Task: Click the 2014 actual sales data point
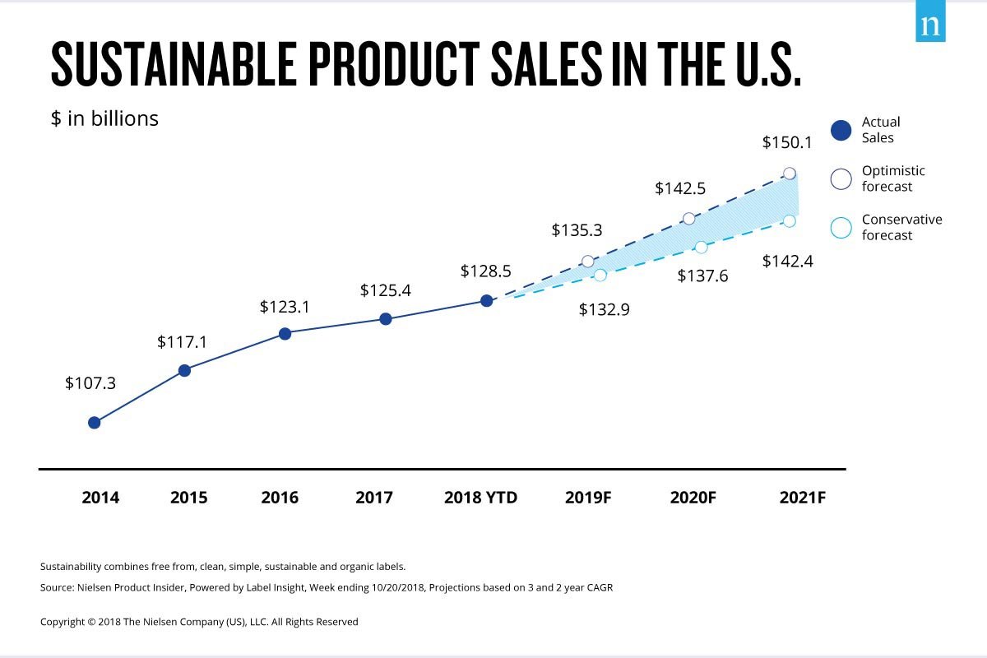point(94,422)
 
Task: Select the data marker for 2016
point(285,333)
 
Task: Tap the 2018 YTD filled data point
point(486,300)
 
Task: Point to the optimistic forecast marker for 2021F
point(790,173)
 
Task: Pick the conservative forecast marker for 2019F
point(600,275)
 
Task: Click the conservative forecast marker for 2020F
point(701,247)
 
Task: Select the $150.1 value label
point(787,142)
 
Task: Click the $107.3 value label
point(90,383)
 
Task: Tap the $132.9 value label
point(605,310)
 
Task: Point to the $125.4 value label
point(386,290)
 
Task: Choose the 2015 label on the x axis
point(188,498)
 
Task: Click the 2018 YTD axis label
point(480,498)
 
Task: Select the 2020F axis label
point(692,498)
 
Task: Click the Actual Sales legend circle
point(841,131)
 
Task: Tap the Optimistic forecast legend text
point(893,178)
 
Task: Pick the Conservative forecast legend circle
point(841,228)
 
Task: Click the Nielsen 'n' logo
point(930,25)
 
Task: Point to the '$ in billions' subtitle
point(104,118)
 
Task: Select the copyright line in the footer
point(199,622)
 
